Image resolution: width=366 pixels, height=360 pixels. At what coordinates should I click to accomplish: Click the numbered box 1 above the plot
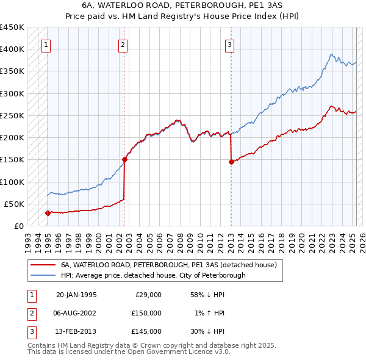47,44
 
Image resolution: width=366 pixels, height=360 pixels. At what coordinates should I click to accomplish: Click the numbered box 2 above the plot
123,44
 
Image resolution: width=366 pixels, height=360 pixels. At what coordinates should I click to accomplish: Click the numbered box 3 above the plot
229,44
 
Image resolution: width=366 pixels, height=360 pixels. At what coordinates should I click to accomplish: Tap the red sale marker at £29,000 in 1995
48,213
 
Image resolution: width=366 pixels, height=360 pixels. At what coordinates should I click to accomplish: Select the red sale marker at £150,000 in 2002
124,159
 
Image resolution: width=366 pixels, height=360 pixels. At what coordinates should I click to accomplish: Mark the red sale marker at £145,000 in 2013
231,162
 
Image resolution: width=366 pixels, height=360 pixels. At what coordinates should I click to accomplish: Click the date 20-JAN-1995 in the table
76,295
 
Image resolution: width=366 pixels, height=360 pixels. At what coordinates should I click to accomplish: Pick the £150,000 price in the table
146,313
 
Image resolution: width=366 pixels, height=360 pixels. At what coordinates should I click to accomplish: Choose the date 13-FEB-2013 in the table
76,331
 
